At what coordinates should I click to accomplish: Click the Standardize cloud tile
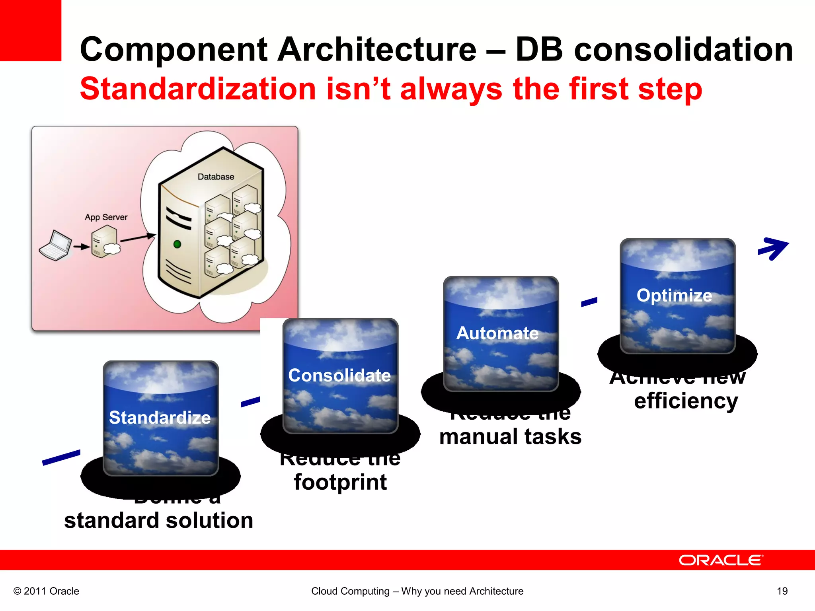(160, 418)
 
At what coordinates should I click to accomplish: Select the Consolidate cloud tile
(340, 376)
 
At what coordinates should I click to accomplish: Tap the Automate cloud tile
(501, 333)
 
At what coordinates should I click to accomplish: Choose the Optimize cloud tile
(677, 296)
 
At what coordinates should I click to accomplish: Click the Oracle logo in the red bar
(721, 560)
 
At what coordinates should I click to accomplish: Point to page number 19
(782, 591)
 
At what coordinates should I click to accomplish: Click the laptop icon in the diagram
(55, 245)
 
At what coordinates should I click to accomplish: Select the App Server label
(106, 217)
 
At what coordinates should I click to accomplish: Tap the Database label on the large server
(216, 177)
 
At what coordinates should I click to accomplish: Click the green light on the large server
(177, 244)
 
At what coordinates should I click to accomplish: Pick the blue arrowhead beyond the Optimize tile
(774, 249)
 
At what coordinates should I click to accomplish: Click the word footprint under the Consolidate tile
(340, 482)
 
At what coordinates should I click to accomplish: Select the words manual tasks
(510, 437)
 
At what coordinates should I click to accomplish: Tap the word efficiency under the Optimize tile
(686, 401)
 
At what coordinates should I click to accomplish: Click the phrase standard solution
(158, 520)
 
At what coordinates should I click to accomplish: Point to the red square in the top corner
(30, 30)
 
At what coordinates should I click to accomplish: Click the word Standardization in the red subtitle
(198, 89)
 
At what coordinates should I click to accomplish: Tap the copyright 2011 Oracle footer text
(46, 591)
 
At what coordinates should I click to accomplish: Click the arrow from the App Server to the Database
(137, 238)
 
